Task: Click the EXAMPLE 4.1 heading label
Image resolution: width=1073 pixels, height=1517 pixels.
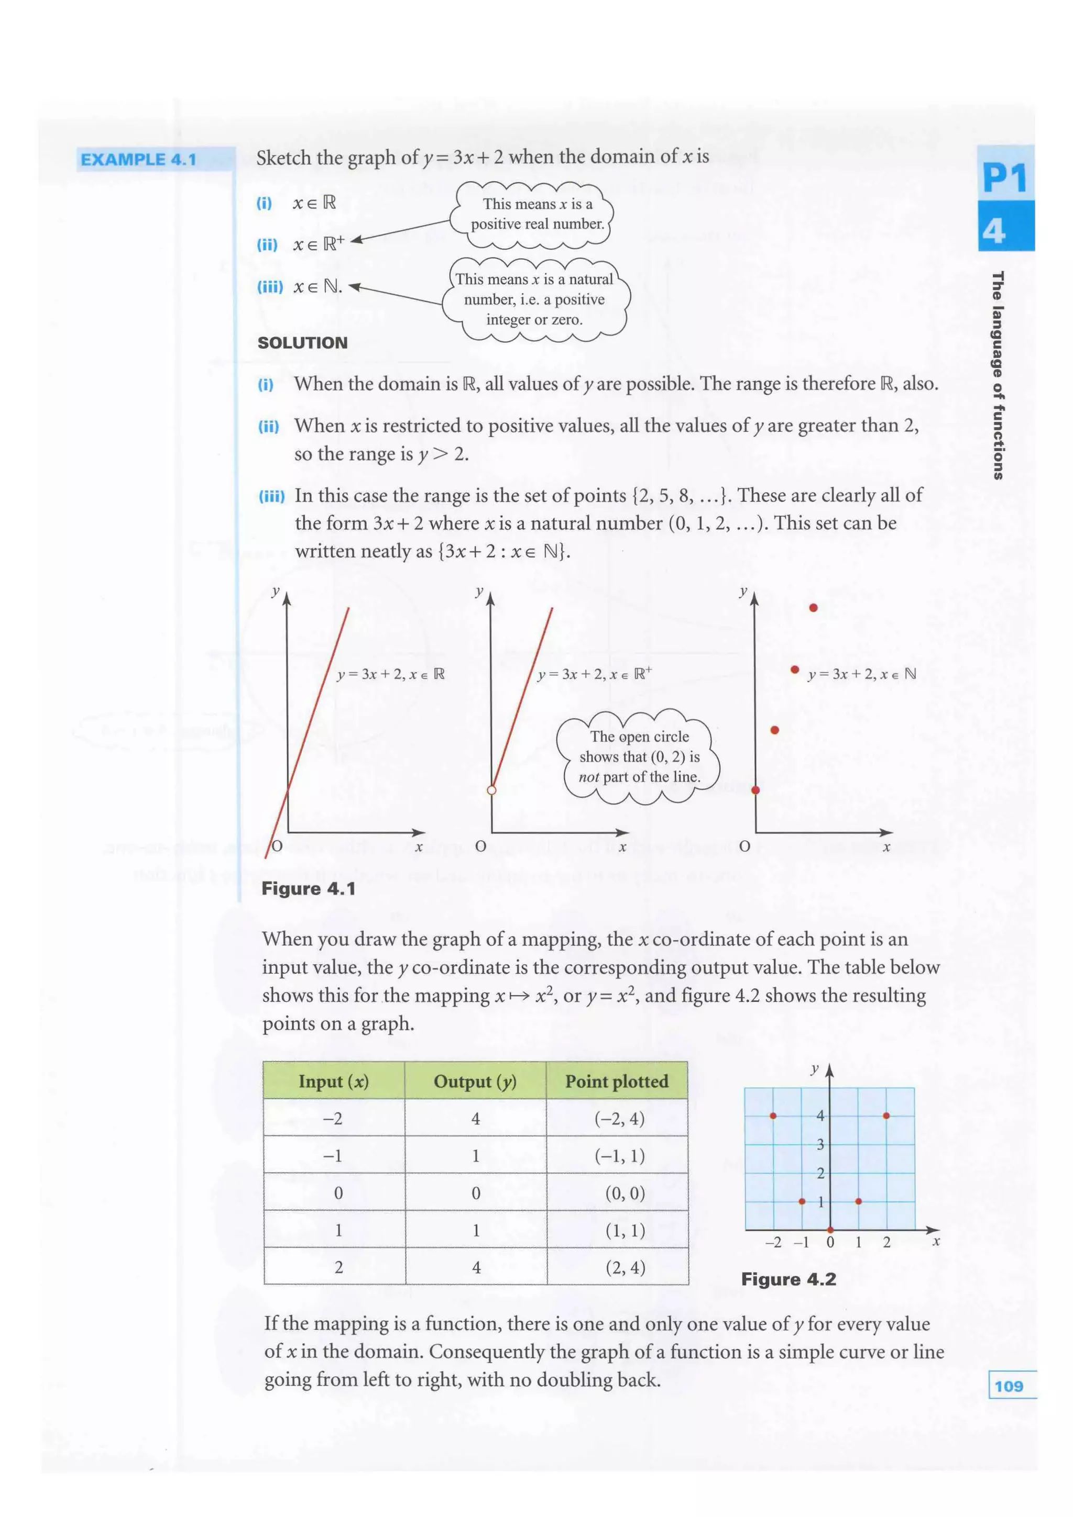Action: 138,159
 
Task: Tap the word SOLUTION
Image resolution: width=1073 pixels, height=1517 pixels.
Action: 302,342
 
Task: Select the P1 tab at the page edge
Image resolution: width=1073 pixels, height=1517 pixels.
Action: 1004,178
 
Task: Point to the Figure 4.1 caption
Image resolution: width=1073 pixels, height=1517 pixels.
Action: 308,889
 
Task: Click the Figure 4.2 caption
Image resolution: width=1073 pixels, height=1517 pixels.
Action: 788,1279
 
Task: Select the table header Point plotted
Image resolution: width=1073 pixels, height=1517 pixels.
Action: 616,1081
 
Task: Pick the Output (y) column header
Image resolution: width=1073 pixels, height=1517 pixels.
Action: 475,1081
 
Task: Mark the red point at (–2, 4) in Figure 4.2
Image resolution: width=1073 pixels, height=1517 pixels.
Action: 773,1116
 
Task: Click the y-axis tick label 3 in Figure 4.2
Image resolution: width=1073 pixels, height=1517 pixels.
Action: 820,1144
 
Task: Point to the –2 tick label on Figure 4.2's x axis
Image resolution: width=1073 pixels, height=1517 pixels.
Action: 773,1242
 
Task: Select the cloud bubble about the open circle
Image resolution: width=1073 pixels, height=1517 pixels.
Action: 639,756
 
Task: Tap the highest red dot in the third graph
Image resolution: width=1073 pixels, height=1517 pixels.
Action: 813,607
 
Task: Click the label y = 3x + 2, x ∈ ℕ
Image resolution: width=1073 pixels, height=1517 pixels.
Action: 861,674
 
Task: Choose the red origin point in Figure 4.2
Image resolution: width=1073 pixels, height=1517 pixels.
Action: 830,1230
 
